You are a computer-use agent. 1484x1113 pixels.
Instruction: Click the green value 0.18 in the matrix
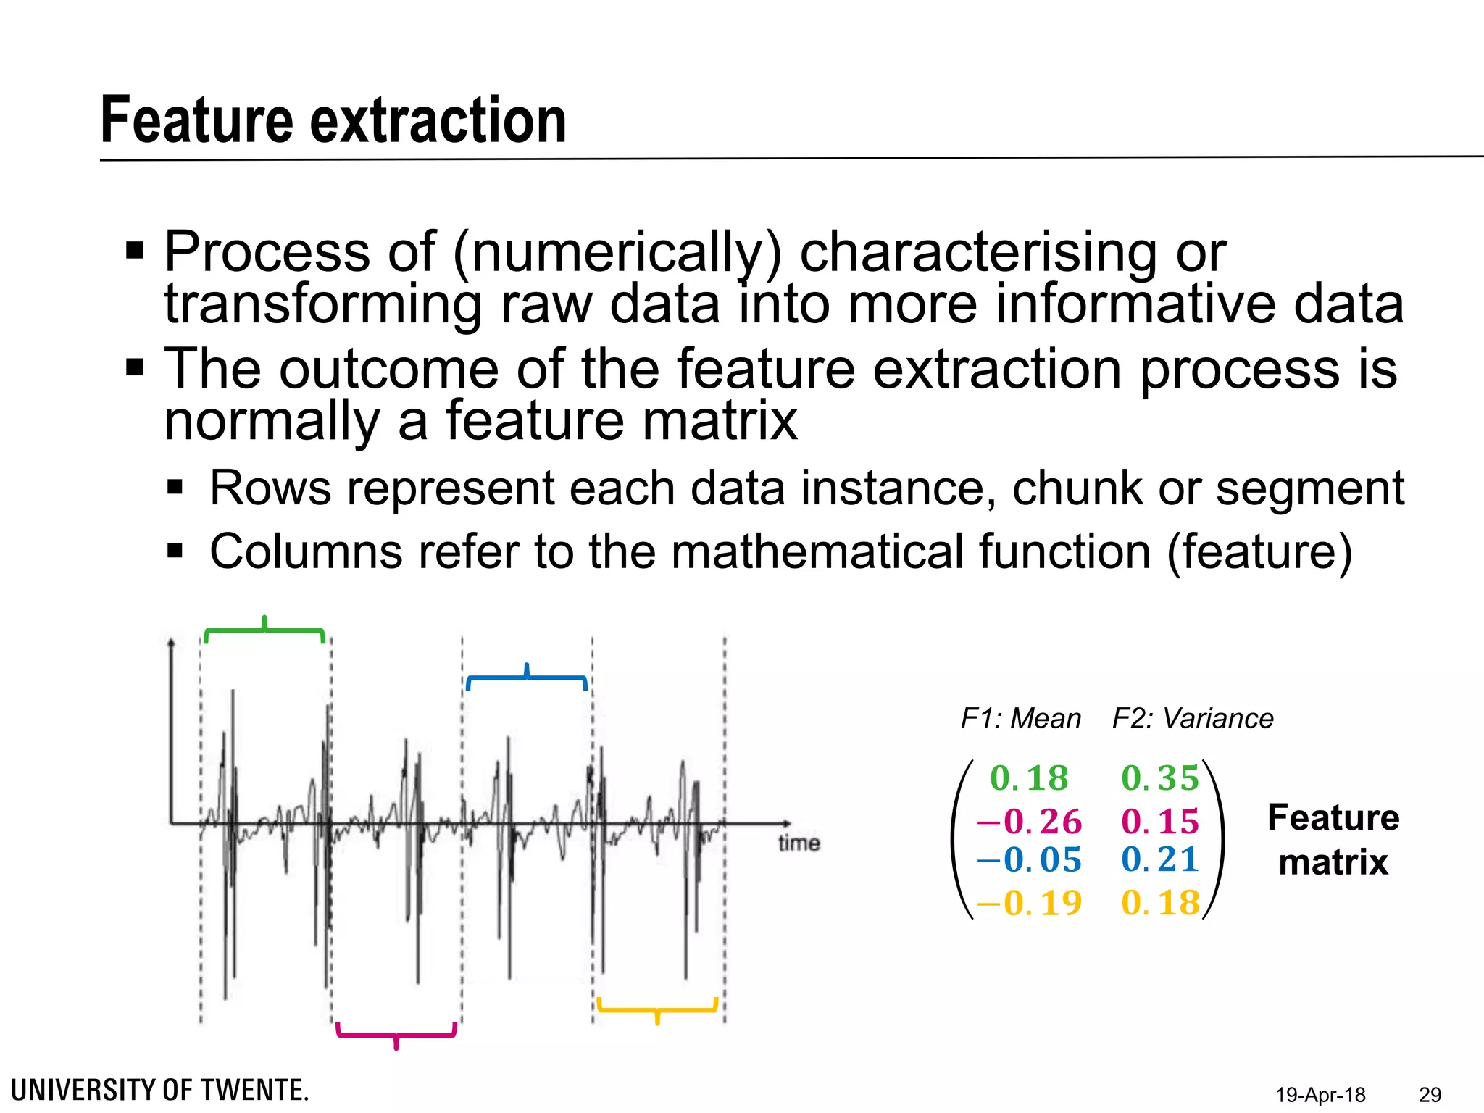pyautogui.click(x=1029, y=778)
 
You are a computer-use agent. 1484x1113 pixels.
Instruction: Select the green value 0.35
pyautogui.click(x=1160, y=778)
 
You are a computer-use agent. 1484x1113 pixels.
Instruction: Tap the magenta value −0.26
pyautogui.click(x=1029, y=822)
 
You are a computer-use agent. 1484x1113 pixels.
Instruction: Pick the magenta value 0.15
pyautogui.click(x=1160, y=822)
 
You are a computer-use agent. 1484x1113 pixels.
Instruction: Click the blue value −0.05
pyautogui.click(x=1029, y=860)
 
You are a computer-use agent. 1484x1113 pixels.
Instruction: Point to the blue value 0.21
pyautogui.click(x=1160, y=860)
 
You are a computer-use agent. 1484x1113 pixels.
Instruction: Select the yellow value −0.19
pyautogui.click(x=1029, y=903)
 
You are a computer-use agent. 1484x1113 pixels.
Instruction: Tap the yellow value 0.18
pyautogui.click(x=1160, y=903)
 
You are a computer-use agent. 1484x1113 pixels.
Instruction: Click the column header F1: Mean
pyautogui.click(x=1020, y=719)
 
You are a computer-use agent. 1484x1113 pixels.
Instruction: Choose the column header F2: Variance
pyautogui.click(x=1193, y=719)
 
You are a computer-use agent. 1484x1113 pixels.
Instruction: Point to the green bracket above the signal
pyautogui.click(x=264, y=632)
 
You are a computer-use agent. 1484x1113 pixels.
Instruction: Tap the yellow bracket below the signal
pyautogui.click(x=657, y=1009)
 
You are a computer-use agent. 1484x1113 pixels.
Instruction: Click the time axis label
pyautogui.click(x=799, y=843)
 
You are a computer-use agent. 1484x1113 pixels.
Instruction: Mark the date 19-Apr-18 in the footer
pyautogui.click(x=1320, y=1095)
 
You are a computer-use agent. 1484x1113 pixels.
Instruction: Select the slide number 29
pyautogui.click(x=1430, y=1095)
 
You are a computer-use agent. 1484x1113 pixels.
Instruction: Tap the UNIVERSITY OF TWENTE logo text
pyautogui.click(x=160, y=1091)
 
